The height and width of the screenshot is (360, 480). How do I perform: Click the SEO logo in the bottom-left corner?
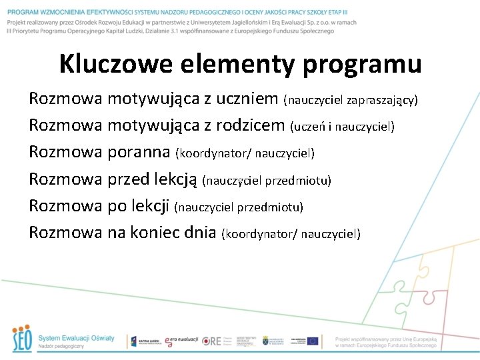click(22, 339)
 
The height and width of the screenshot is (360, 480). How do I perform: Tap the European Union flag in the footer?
click(312, 341)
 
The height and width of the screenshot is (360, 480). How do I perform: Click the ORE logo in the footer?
click(211, 341)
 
